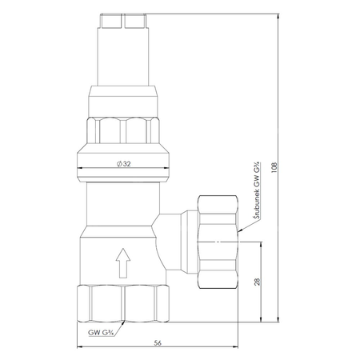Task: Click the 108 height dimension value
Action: pyautogui.click(x=274, y=168)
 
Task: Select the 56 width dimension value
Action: pyautogui.click(x=158, y=343)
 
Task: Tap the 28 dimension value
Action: pyautogui.click(x=257, y=282)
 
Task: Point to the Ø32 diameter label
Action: pyautogui.click(x=124, y=164)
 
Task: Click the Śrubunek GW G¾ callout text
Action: pyautogui.click(x=257, y=190)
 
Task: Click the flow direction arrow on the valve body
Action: pyautogui.click(x=123, y=263)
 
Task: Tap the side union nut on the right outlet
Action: pyautogui.click(x=218, y=242)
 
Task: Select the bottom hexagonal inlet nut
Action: pyautogui.click(x=123, y=303)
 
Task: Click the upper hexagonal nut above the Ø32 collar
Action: pyautogui.click(x=123, y=130)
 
